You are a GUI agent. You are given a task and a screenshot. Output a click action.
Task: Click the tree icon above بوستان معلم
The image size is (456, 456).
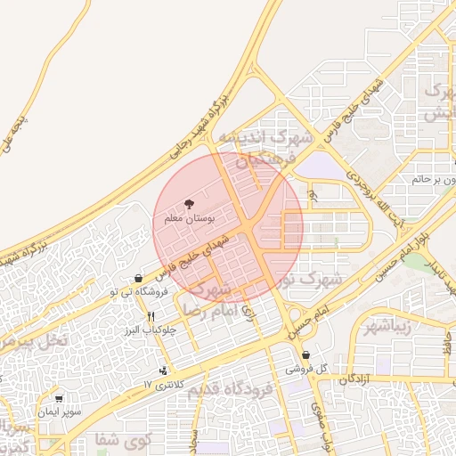(x=188, y=204)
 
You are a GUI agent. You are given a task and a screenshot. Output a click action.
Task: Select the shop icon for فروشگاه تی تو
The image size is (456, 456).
(x=138, y=279)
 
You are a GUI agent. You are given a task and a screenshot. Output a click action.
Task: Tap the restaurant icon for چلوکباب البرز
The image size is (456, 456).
(x=151, y=316)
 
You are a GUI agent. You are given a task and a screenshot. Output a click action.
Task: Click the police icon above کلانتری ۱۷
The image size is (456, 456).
(x=163, y=370)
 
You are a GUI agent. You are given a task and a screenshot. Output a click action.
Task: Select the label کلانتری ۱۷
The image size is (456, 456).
(x=162, y=384)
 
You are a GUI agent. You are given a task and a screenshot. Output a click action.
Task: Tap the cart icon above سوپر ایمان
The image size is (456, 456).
(x=59, y=399)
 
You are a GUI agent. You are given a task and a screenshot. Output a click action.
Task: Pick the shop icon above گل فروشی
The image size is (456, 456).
(x=305, y=354)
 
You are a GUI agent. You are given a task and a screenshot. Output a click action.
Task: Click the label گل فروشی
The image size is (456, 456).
(x=307, y=369)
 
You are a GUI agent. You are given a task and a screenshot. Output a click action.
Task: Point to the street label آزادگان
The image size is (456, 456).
(x=354, y=379)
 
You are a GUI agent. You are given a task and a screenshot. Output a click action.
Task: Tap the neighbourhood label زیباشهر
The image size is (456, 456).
(x=387, y=325)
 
